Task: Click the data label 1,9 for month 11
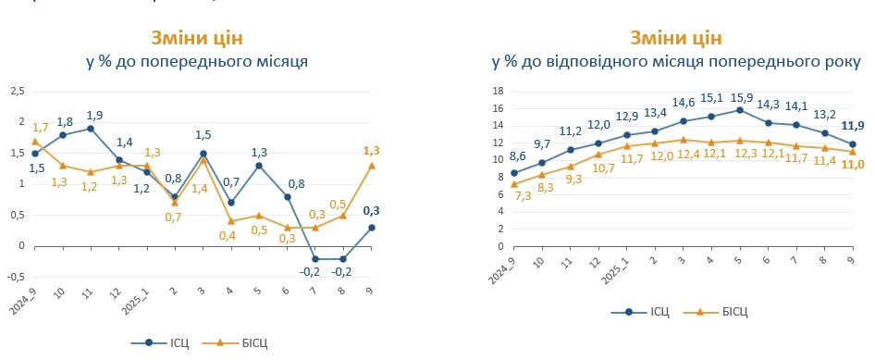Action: point(93,116)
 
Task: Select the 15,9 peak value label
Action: point(740,97)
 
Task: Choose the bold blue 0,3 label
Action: point(371,210)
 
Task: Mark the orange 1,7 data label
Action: point(40,127)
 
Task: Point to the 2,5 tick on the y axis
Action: point(17,91)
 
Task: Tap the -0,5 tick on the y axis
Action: point(16,277)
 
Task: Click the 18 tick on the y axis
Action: point(496,91)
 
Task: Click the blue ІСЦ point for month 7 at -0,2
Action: point(315,259)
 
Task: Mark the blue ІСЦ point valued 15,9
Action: point(740,110)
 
